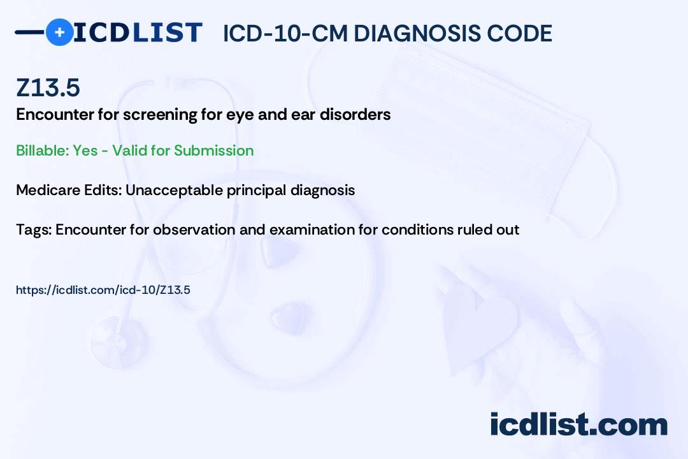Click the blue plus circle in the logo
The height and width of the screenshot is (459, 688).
point(59,33)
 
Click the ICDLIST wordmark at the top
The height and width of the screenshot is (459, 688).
point(138,33)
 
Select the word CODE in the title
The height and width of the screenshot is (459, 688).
point(522,33)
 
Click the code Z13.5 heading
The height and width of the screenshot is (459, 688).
point(48,87)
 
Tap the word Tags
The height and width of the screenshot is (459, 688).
point(33,229)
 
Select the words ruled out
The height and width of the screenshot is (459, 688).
point(488,229)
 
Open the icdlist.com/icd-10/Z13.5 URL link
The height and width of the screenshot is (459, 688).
point(103,290)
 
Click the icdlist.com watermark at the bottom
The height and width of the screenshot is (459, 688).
point(578,424)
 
